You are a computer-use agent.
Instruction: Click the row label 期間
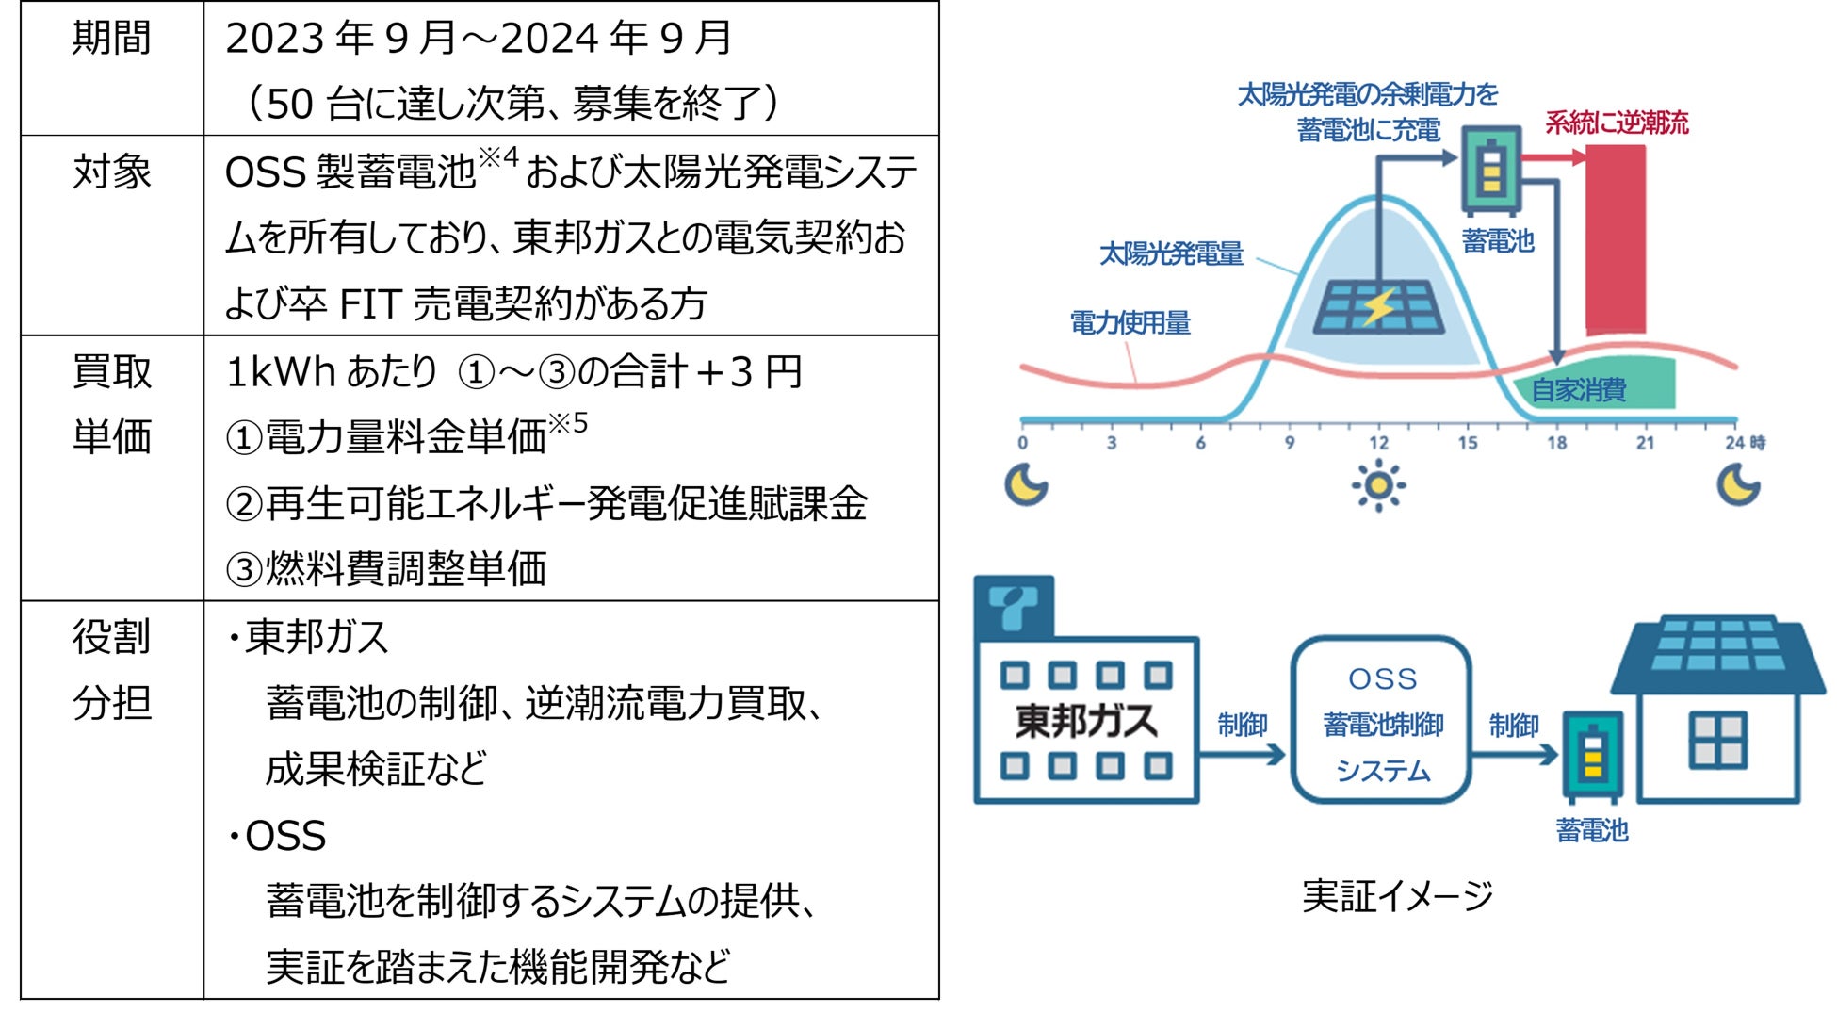click(111, 39)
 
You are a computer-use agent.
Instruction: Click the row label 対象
click(111, 172)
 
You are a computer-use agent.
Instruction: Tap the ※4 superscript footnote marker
click(498, 156)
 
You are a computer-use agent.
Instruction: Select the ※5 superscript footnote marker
click(568, 424)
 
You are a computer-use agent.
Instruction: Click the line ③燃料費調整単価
click(385, 568)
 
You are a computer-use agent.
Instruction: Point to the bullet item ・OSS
click(278, 836)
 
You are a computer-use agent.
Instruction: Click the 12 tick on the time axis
click(1378, 442)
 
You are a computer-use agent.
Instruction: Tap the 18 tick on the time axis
click(1556, 442)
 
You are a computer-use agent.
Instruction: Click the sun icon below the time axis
click(1378, 485)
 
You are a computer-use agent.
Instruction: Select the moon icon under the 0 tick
click(1025, 485)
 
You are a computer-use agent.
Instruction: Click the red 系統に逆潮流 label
click(1617, 123)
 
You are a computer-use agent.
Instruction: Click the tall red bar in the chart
click(1616, 240)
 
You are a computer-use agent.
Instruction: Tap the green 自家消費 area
click(1592, 386)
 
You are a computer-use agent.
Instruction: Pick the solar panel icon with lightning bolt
click(1378, 306)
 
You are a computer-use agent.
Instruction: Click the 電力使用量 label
click(1130, 323)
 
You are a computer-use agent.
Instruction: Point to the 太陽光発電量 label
click(1171, 253)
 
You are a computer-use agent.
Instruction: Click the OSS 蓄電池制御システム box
click(1382, 722)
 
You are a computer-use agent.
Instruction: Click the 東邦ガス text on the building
click(1086, 721)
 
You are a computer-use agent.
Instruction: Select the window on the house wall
click(1717, 740)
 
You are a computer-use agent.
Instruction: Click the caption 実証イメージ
click(1397, 896)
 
